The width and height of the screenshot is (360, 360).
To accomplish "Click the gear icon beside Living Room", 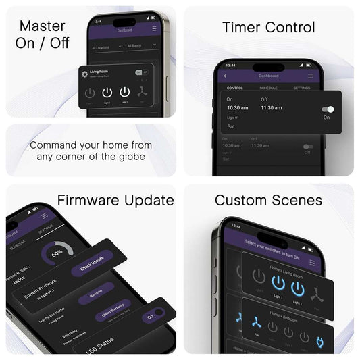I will coord(84,74).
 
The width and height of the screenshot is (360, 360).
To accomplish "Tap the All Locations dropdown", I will coord(105,47).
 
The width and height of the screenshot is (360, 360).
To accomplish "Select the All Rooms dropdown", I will coord(141,47).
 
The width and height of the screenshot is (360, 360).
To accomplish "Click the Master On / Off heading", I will coord(43,34).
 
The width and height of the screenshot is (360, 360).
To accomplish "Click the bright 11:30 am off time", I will coord(272,107).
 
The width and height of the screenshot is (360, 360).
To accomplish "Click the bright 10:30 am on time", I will coord(237,107).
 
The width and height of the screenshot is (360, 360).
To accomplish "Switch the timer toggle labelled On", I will coord(328,109).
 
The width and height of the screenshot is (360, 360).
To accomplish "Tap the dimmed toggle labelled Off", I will coord(308,146).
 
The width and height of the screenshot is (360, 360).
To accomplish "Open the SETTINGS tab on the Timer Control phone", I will coord(302,88).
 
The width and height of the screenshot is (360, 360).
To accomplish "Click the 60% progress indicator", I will coord(57,255).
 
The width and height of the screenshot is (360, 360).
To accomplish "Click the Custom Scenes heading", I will coord(268,200).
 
